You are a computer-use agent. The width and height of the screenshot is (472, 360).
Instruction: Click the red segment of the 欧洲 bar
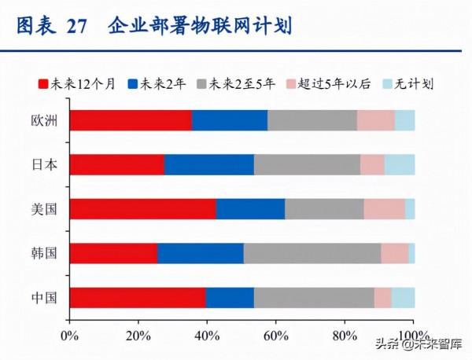pyautogui.click(x=131, y=120)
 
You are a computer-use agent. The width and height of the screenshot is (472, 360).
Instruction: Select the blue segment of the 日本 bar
pyautogui.click(x=209, y=164)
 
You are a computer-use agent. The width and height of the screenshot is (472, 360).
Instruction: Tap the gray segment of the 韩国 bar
pyautogui.click(x=312, y=253)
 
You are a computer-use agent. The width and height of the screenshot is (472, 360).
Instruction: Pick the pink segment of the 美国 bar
pyautogui.click(x=384, y=208)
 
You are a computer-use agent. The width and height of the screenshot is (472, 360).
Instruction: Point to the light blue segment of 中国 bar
pyautogui.click(x=403, y=298)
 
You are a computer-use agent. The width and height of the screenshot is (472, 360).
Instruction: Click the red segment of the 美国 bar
pyautogui.click(x=142, y=208)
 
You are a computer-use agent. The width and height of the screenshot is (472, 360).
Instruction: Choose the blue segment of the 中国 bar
pyautogui.click(x=230, y=298)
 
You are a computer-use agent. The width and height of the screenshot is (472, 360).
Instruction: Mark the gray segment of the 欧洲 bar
pyautogui.click(x=312, y=120)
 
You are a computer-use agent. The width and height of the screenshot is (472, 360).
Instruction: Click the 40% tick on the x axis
pyautogui.click(x=207, y=336)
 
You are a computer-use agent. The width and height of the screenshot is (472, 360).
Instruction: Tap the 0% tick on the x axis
pyautogui.click(x=69, y=336)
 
